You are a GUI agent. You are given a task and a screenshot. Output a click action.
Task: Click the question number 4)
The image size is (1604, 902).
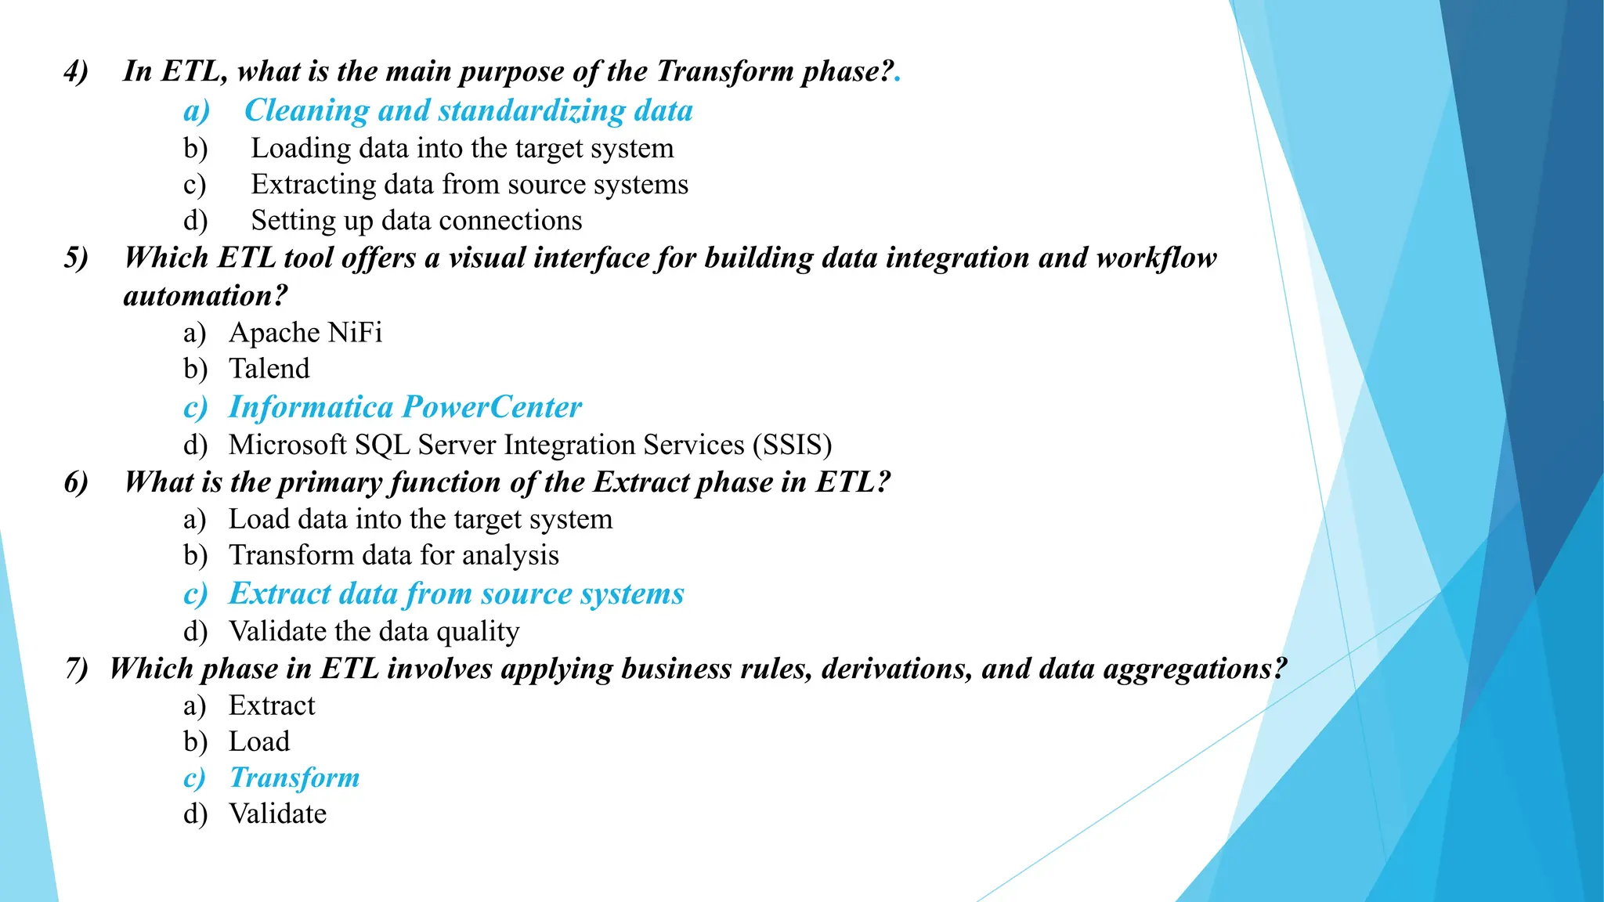point(76,71)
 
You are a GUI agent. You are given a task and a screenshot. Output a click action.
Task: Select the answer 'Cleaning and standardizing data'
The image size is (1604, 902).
point(468,110)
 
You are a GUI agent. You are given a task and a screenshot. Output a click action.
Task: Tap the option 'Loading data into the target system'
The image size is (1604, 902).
point(462,148)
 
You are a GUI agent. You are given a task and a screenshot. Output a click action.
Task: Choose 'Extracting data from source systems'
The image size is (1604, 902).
point(469,184)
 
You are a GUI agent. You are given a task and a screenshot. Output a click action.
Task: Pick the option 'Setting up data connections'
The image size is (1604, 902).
point(416,221)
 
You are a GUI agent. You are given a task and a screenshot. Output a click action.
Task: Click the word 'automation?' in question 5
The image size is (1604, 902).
point(205,296)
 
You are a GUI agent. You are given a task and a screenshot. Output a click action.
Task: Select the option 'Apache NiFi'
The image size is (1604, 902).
point(305,333)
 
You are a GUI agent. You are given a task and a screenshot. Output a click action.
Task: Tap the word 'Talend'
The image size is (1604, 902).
point(269,369)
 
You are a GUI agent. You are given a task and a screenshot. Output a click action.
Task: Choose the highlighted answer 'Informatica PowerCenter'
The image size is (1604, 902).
point(405,407)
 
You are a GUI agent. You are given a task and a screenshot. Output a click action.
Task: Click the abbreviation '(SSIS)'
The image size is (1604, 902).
point(792,445)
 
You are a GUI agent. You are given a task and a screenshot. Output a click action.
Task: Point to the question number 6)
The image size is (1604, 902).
point(76,482)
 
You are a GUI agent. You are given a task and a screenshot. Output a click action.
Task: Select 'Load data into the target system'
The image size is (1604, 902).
point(421,519)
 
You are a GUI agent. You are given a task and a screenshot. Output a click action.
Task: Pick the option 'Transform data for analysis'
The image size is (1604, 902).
point(393,555)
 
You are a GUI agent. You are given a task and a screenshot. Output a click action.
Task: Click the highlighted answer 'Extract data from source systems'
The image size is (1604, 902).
point(456,594)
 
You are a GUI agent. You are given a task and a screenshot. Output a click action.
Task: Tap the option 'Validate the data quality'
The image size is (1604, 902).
point(374,631)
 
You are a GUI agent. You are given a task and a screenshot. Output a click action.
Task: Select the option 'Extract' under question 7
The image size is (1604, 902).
point(271,705)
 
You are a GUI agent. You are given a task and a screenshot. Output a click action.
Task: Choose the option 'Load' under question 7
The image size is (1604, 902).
point(258,741)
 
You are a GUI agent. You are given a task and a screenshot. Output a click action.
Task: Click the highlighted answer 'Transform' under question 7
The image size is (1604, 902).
point(294,778)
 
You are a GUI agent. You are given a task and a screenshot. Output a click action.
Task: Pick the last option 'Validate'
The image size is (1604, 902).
point(277,814)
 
